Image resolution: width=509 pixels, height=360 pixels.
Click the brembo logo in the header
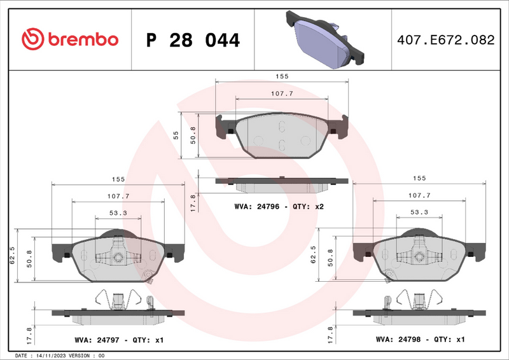click(x=70, y=39)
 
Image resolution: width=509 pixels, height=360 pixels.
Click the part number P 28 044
click(x=193, y=41)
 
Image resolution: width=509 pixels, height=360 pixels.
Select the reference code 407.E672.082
click(x=445, y=40)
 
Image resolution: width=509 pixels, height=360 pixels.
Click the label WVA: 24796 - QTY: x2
click(x=279, y=207)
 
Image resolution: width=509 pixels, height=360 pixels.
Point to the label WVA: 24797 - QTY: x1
click(x=118, y=340)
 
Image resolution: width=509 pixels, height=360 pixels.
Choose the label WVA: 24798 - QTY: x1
click(x=421, y=340)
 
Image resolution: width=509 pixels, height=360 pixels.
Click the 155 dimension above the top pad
click(x=282, y=76)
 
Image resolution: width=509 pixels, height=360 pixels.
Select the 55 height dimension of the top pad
click(x=176, y=134)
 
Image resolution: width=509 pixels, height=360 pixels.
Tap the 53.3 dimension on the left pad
click(x=117, y=212)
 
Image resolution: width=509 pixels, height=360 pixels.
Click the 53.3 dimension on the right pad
click(x=418, y=212)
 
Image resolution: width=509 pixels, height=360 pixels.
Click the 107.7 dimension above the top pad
click(x=282, y=93)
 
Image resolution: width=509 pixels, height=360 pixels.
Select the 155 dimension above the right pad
click(x=419, y=179)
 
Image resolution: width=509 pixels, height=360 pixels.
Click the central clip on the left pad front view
click(x=118, y=256)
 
